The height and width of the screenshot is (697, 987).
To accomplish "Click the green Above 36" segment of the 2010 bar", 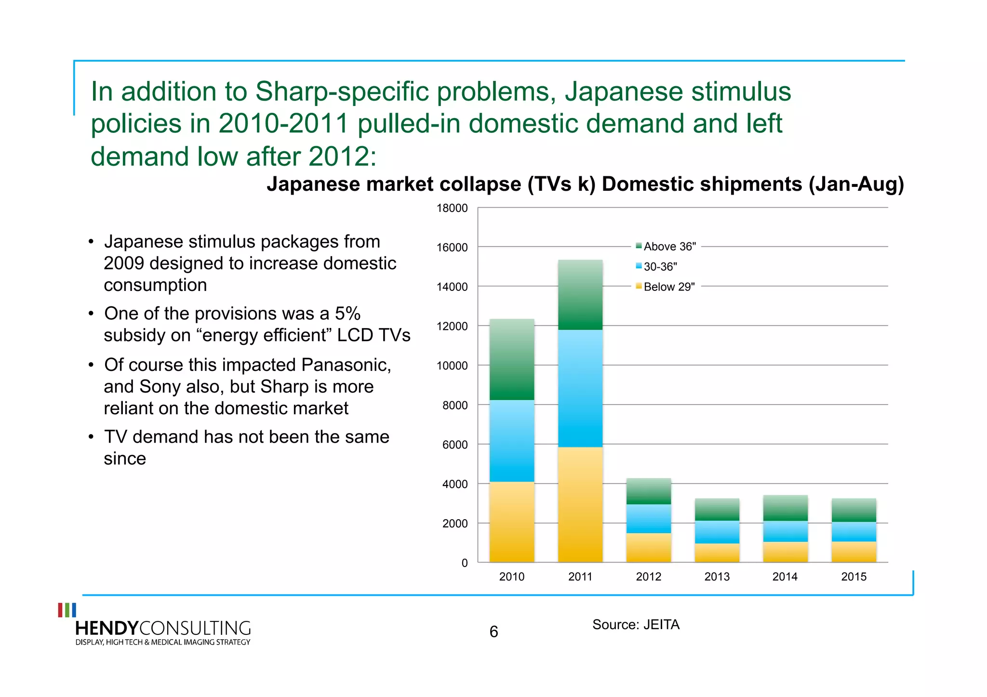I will point(512,359).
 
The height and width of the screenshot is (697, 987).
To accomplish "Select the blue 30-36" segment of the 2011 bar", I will point(580,388).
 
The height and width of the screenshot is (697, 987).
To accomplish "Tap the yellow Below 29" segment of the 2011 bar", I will point(580,504).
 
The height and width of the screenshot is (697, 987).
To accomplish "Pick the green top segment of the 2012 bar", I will point(649,491).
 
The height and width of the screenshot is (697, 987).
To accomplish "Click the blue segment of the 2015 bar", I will point(854,532).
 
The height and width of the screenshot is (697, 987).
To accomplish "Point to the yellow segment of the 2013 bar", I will point(717,552).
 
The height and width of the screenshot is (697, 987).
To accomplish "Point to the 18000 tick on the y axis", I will point(452,208).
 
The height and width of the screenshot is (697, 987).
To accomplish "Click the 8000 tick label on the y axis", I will point(455,405).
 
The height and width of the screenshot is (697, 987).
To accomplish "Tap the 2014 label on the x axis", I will point(785,577).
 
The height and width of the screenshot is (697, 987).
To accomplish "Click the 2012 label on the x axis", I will point(649,577).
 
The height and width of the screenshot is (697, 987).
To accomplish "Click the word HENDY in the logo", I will point(107,628).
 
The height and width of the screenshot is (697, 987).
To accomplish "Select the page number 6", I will point(493,631).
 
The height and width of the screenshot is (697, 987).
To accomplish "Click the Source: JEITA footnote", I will point(636,624).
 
